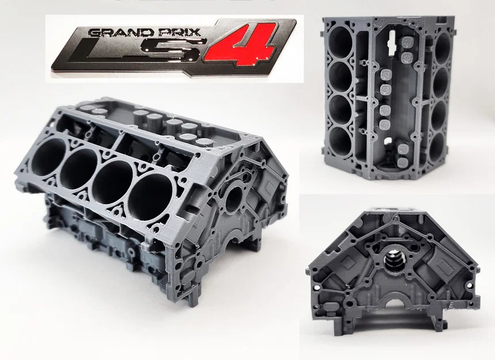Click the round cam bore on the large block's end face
pos(233,198)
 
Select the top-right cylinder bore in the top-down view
pos(443,48)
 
